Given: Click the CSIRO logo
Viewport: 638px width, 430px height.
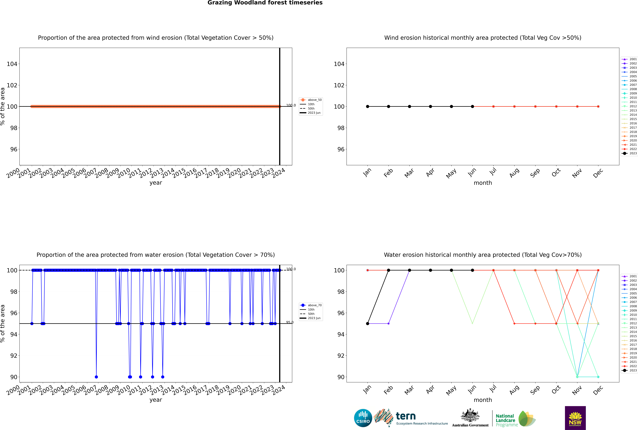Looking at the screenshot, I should click(363, 418).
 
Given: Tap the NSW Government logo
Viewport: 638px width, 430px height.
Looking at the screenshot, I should click(575, 418).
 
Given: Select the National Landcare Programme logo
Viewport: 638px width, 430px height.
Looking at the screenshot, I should click(515, 419).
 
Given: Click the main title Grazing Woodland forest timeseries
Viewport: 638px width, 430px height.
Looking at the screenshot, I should click(265, 3).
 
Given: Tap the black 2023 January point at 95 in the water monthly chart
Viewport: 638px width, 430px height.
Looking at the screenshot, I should click(368, 324).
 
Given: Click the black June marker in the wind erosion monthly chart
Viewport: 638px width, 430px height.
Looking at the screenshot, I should click(472, 106).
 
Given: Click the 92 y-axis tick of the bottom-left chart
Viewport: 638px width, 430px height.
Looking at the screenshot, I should click(14, 356).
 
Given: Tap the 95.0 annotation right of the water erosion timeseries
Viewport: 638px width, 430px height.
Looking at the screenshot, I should click(290, 322).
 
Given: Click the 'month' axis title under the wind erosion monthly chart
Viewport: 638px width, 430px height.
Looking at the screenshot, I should click(483, 183).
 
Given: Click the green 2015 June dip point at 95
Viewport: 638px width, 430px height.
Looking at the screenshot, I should click(472, 324).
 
